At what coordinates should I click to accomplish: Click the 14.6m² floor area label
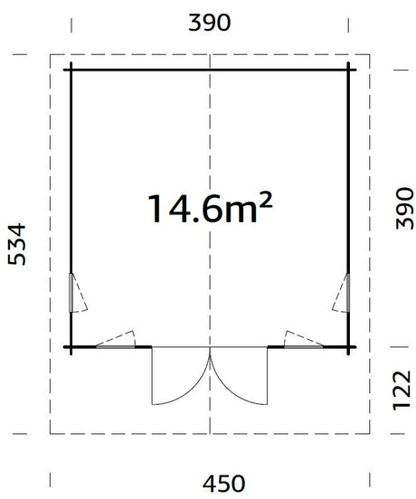[x=210, y=209]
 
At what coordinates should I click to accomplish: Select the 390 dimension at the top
[x=210, y=23]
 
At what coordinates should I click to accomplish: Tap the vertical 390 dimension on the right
[x=404, y=209]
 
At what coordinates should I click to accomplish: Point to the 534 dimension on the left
[x=16, y=244]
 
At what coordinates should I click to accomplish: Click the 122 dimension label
[x=402, y=391]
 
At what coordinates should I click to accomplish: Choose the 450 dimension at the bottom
[x=224, y=484]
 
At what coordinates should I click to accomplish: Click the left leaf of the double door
[x=181, y=376]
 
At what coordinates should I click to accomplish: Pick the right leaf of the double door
[x=239, y=376]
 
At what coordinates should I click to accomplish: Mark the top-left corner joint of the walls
[x=71, y=70]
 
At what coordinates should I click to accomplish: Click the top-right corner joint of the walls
[x=348, y=70]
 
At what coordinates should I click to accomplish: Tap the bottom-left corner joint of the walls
[x=71, y=347]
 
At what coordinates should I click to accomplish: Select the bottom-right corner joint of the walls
[x=348, y=347]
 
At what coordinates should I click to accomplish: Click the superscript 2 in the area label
[x=266, y=200]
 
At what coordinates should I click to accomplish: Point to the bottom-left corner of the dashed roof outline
[x=51, y=433]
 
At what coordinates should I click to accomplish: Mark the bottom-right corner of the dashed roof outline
[x=370, y=433]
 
